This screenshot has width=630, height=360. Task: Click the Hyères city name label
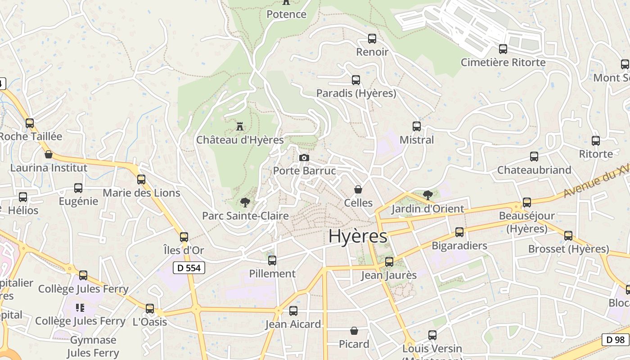[x=358, y=236]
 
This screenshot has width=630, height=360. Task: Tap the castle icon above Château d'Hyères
[x=240, y=126]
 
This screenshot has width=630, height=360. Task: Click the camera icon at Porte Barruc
[x=304, y=157]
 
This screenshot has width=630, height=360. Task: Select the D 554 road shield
[x=189, y=268]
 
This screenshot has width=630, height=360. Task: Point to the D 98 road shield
[x=615, y=340]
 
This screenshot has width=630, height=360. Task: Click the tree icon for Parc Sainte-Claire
[x=245, y=202]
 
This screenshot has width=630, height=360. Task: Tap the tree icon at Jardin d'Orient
[x=428, y=195]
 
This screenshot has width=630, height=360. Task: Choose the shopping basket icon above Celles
[x=358, y=189]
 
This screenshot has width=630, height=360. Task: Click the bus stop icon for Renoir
[x=372, y=39]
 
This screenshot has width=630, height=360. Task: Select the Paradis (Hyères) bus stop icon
[x=356, y=80]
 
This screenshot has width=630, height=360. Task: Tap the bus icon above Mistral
[x=417, y=126]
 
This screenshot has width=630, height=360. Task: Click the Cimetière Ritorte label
[x=503, y=62]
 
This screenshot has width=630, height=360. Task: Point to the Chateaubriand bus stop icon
[x=534, y=157]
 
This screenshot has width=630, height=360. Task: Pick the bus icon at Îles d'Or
[x=184, y=237]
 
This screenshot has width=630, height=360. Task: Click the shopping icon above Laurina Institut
[x=49, y=155]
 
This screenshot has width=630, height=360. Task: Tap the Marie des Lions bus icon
[x=141, y=180]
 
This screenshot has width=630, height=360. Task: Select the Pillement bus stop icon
[x=272, y=261]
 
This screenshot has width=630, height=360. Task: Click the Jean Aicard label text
[x=293, y=324]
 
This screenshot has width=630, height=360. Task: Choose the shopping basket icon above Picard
[x=354, y=331]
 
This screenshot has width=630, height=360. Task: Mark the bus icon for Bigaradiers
[x=459, y=232]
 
